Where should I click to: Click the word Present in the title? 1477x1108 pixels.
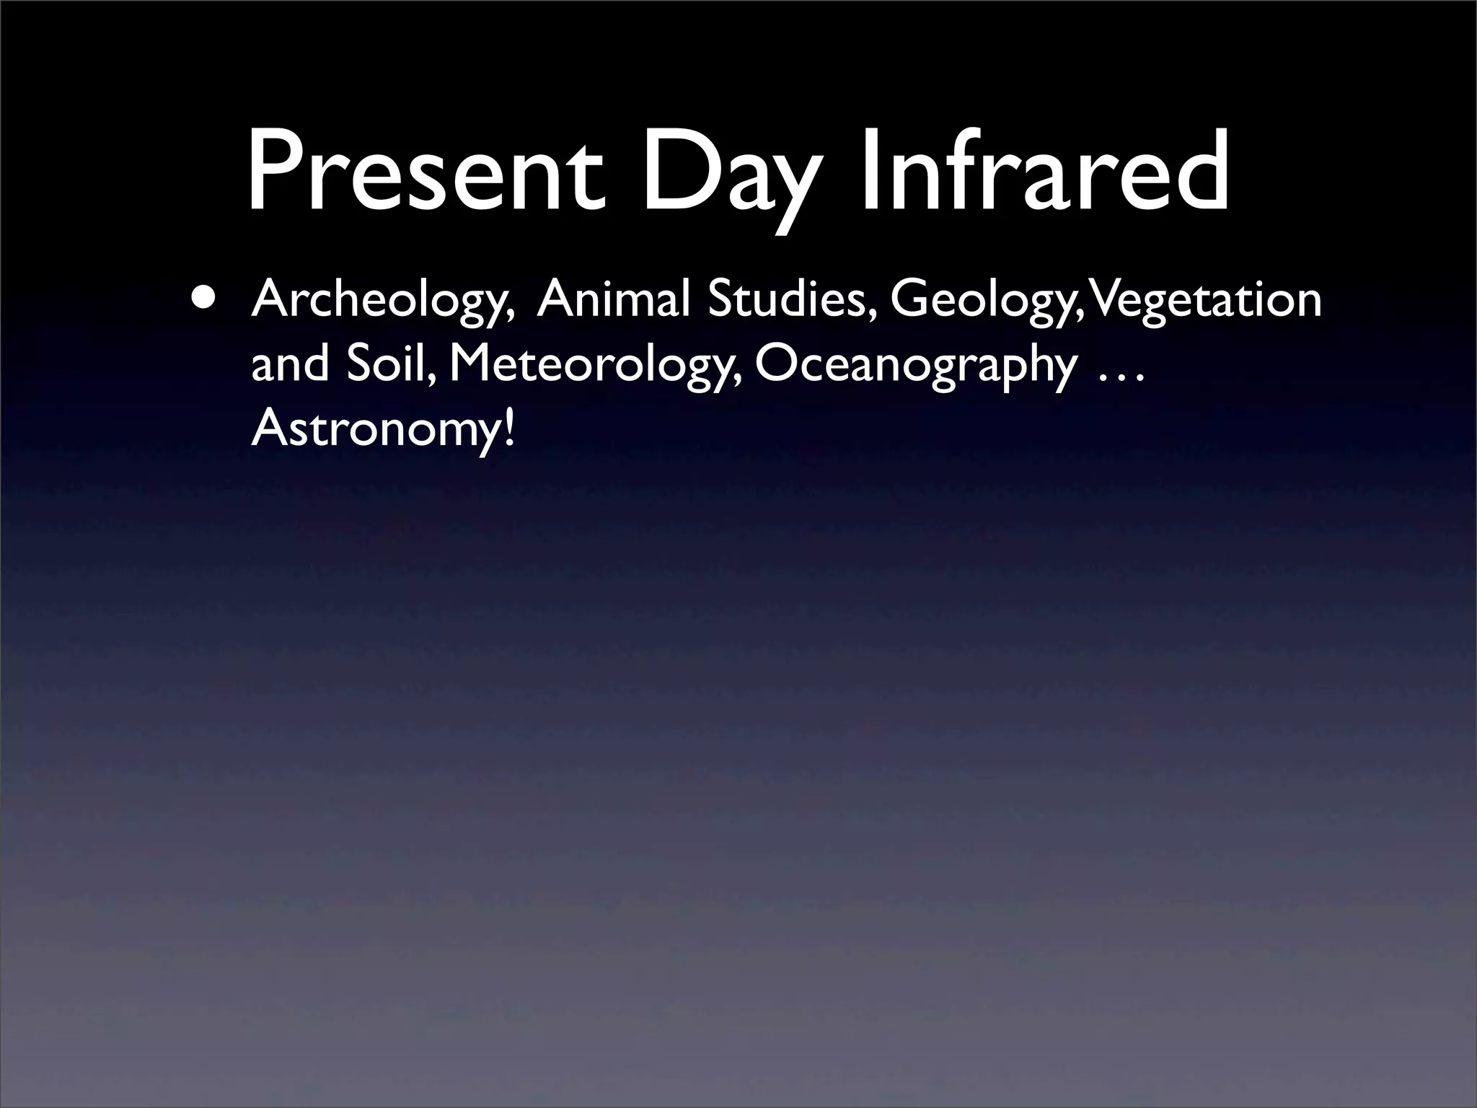[426, 174]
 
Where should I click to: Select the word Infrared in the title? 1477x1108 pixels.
[1045, 174]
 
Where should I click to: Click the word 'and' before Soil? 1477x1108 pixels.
[293, 364]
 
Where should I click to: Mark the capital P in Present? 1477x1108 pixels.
[274, 174]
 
